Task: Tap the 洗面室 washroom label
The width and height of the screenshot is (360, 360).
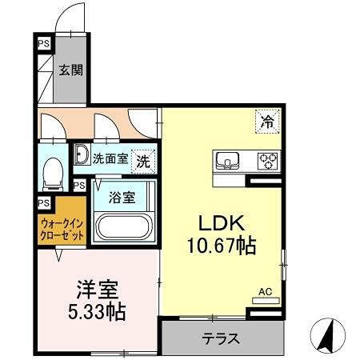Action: [110, 158]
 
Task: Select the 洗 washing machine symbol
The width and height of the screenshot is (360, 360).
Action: [142, 159]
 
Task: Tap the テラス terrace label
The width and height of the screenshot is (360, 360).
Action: [220, 338]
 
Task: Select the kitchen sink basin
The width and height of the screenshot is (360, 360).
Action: [228, 160]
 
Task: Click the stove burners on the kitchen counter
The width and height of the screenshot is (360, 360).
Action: [266, 160]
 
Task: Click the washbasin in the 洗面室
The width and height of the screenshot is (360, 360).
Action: [82, 156]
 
